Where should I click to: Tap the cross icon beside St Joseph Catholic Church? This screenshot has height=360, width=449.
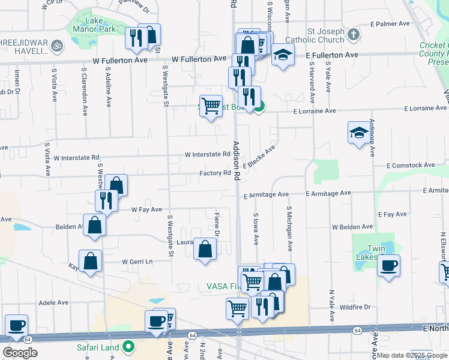click(354, 34)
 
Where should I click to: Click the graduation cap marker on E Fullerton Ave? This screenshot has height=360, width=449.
click(283, 56)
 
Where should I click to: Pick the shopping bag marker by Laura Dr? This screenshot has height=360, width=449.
click(205, 249)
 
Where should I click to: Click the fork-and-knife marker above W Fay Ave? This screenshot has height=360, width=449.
click(106, 200)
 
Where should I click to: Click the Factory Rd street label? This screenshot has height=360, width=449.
click(215, 173)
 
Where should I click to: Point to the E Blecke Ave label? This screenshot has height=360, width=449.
click(259, 157)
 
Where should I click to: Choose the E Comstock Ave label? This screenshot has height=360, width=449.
click(410, 165)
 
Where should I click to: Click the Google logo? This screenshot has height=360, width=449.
click(20, 353)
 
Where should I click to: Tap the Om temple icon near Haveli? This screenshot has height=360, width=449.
click(58, 44)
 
